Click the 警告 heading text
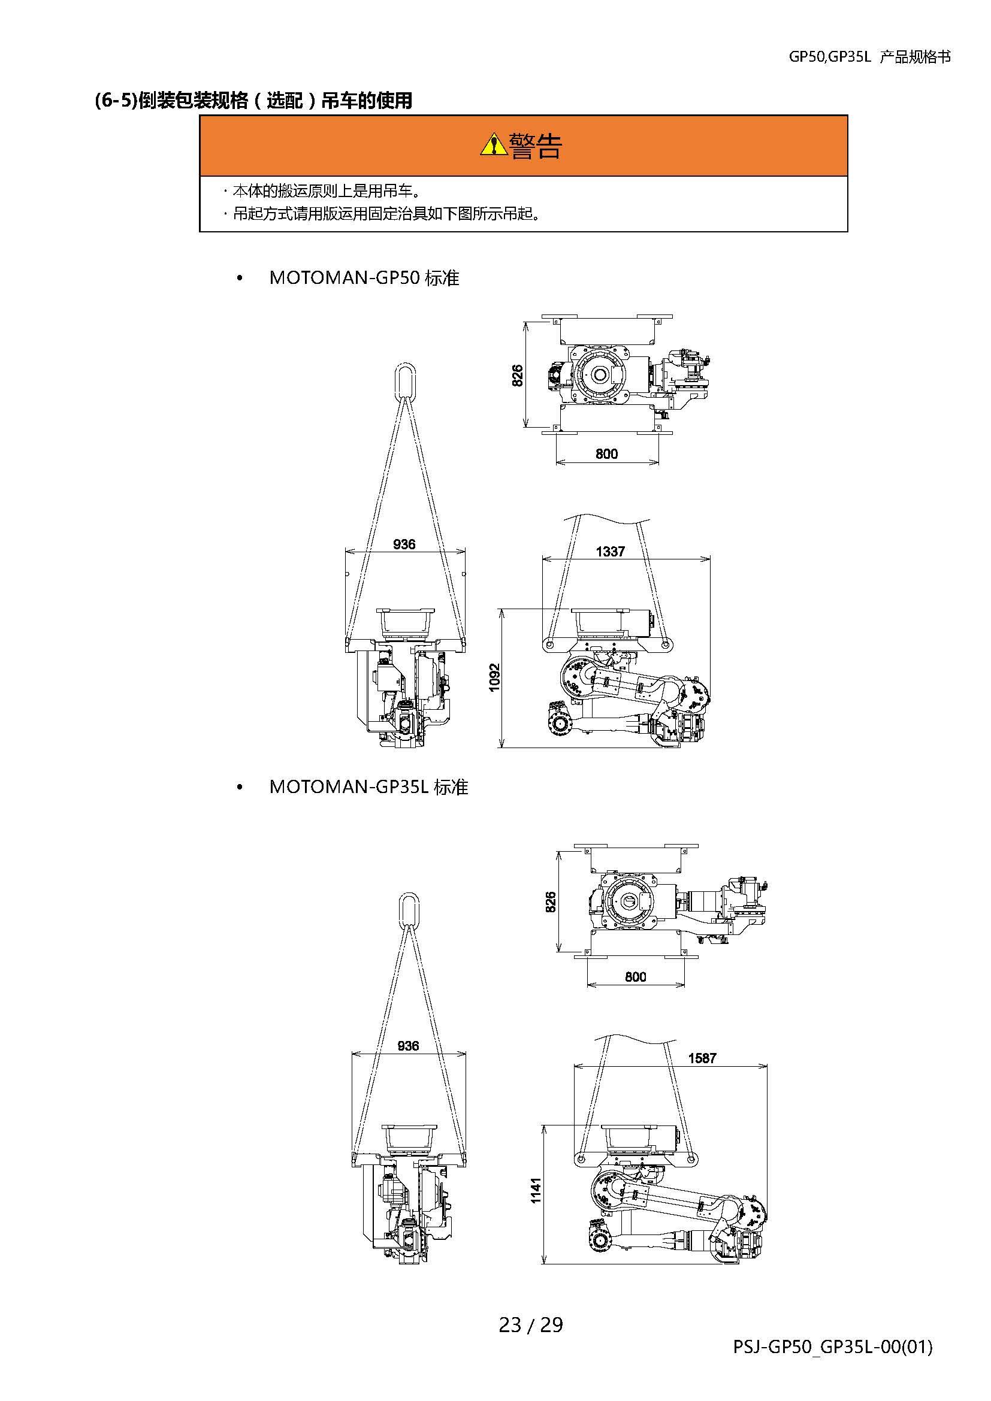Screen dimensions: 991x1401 click(x=535, y=146)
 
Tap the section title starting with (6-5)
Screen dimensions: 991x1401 click(x=253, y=100)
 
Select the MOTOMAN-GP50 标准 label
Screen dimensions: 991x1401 click(x=364, y=279)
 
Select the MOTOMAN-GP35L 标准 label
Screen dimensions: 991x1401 click(x=368, y=787)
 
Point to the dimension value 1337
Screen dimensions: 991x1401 click(x=610, y=552)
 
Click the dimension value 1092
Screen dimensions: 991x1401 click(x=494, y=677)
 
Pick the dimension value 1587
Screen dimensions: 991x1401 click(x=702, y=1058)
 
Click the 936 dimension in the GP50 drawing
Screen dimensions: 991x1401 click(x=404, y=544)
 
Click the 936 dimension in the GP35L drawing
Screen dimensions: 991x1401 click(x=407, y=1046)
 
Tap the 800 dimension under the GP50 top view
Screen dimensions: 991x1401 click(x=606, y=453)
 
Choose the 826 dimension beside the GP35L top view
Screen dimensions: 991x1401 click(x=551, y=902)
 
